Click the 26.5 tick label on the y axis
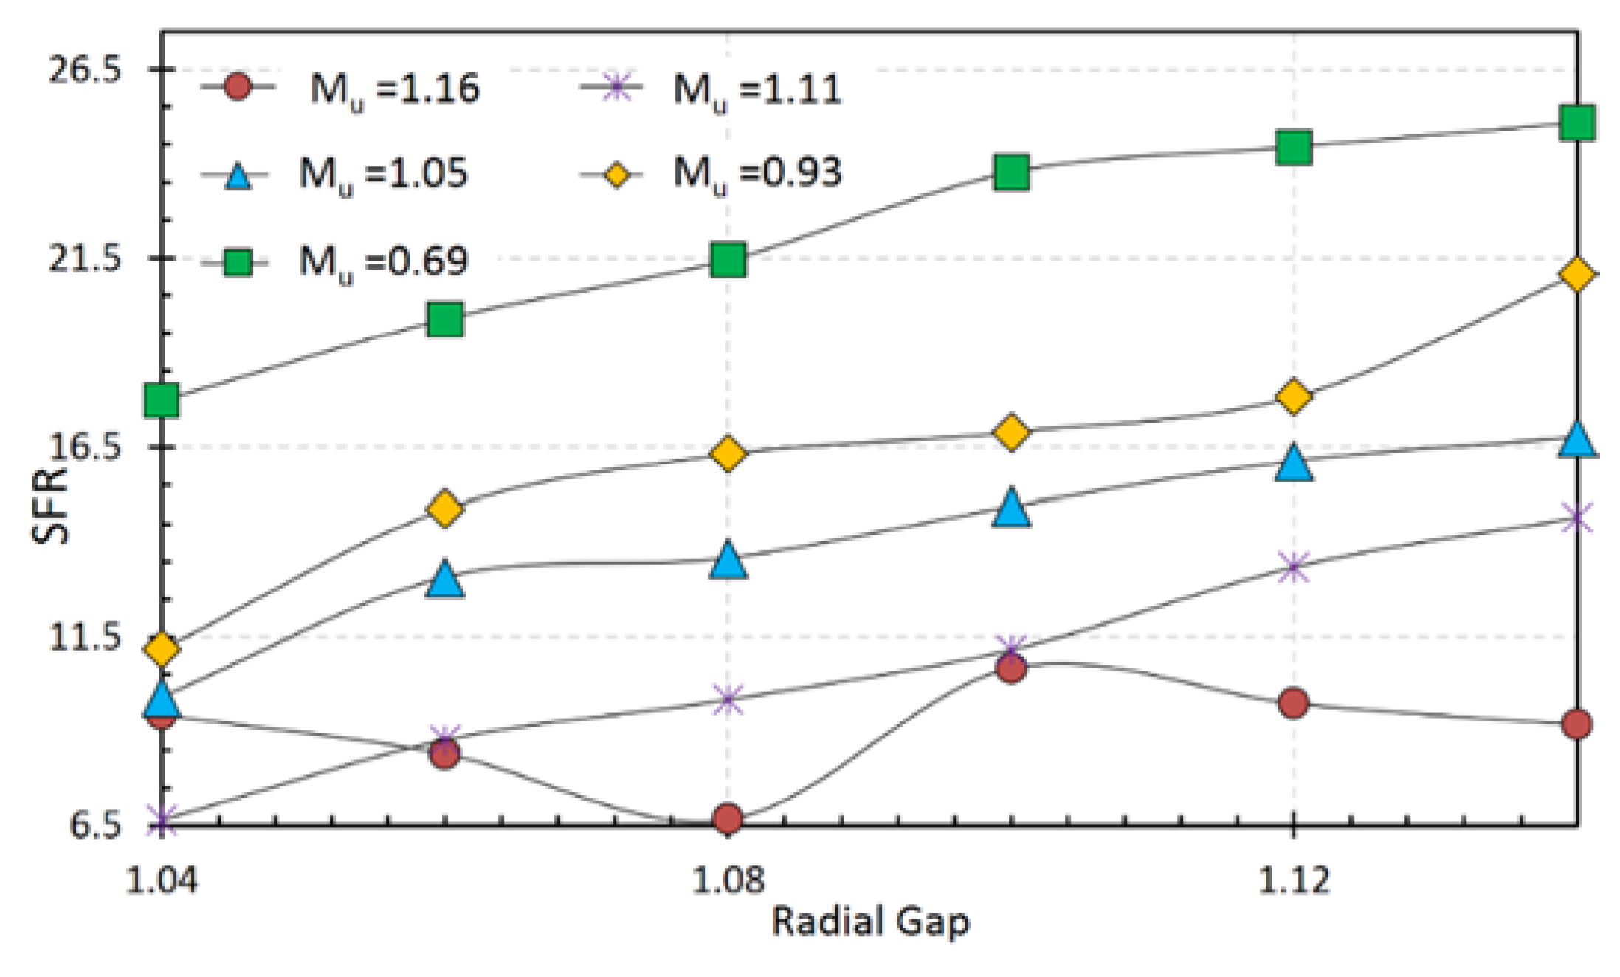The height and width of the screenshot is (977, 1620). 84,71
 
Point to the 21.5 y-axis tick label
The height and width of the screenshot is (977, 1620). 84,259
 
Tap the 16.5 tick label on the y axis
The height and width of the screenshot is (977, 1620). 84,448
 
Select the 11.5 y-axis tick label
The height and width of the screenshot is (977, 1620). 84,637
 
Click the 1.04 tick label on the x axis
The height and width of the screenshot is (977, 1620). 162,881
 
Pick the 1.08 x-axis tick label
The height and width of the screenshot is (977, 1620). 728,881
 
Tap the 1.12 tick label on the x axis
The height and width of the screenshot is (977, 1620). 1293,881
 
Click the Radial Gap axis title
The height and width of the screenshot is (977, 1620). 869,922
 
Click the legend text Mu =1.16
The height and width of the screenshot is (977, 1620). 395,89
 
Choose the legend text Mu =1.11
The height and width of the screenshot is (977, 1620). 757,89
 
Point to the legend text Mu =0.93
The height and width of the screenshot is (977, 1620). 757,174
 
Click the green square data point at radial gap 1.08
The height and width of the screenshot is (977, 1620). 728,259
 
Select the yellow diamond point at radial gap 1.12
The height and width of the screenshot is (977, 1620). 1293,397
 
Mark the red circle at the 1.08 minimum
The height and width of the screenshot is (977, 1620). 728,818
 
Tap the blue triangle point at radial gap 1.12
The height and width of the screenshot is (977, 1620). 1293,464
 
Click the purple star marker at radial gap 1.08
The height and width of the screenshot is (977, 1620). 728,699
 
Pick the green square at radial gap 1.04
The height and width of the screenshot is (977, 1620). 162,400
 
